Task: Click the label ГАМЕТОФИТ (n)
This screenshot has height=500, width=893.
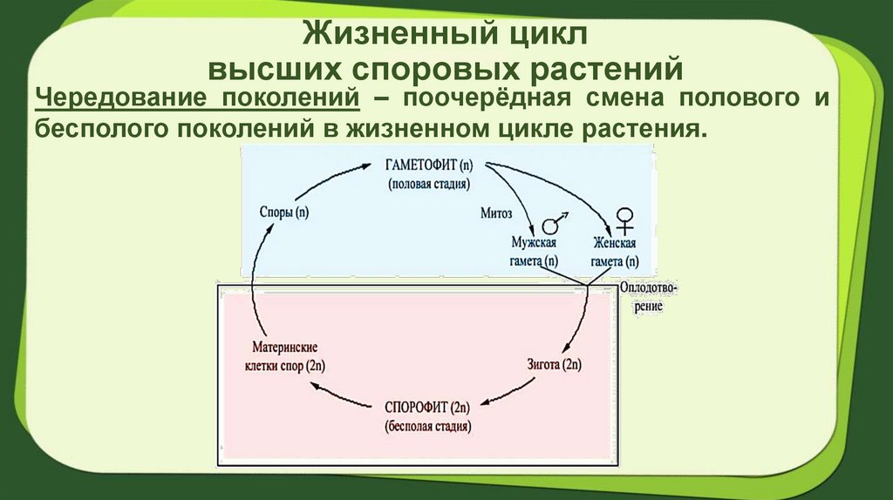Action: pyautogui.click(x=430, y=165)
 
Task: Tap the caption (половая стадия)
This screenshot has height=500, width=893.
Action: pyautogui.click(x=430, y=184)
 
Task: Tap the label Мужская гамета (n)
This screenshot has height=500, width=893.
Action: pyautogui.click(x=534, y=252)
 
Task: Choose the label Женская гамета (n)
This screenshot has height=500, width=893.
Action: pyautogui.click(x=614, y=252)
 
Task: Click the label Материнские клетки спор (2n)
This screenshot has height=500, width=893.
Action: pyautogui.click(x=284, y=355)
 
